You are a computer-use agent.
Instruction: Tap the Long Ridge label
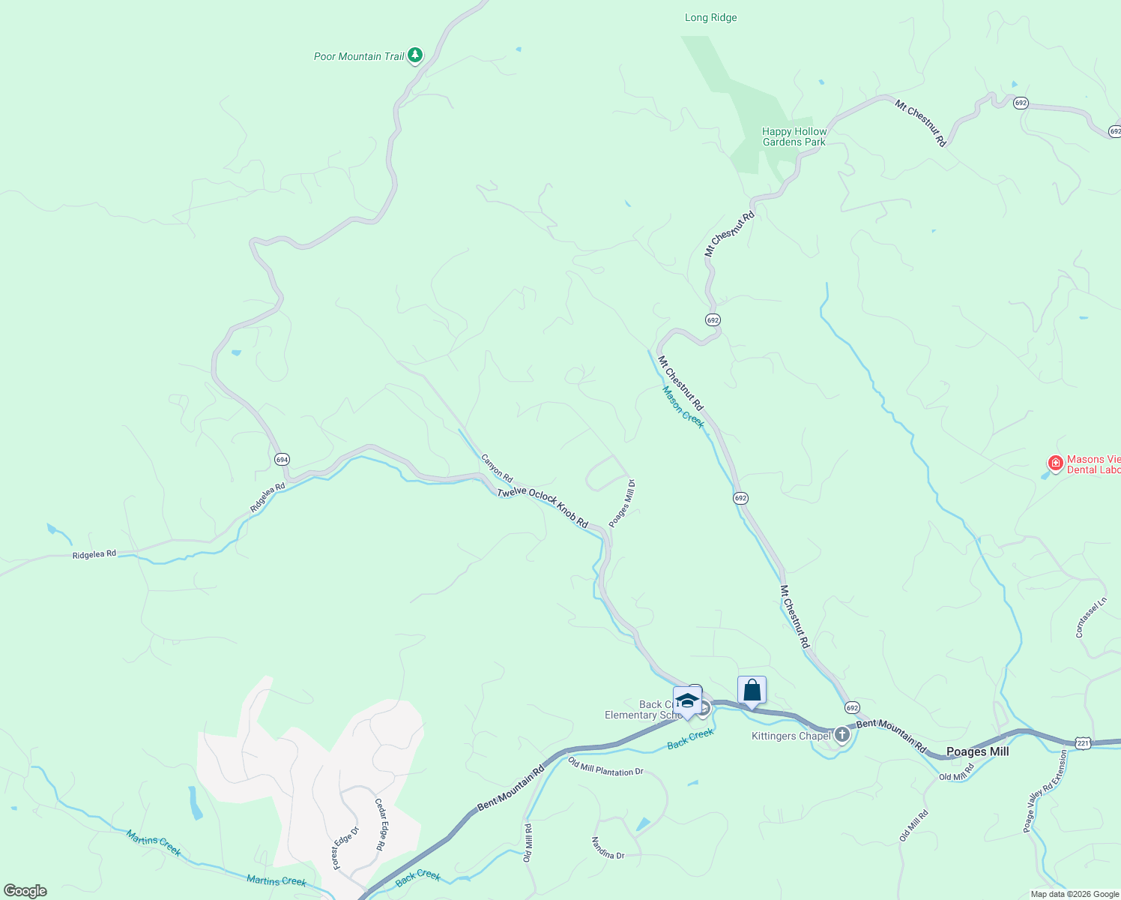tap(710, 17)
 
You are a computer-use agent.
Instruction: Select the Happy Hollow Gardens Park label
tap(794, 136)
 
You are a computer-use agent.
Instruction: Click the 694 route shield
tap(282, 459)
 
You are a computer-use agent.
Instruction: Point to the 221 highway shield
tap(1083, 742)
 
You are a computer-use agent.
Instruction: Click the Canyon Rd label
tap(497, 468)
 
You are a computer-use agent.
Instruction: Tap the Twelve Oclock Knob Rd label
tap(543, 507)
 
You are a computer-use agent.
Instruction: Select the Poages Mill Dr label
tap(622, 503)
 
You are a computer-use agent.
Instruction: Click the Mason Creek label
tap(683, 407)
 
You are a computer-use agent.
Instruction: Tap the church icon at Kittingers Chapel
tap(842, 735)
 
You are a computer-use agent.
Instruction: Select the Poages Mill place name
tap(977, 751)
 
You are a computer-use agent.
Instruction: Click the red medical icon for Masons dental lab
tap(1056, 464)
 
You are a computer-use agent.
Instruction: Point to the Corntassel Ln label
tap(1091, 617)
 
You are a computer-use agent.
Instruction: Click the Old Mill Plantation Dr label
tap(605, 767)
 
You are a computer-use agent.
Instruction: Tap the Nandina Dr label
tap(608, 848)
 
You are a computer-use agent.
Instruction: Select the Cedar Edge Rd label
tap(380, 823)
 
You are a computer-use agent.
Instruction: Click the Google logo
tap(25, 890)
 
